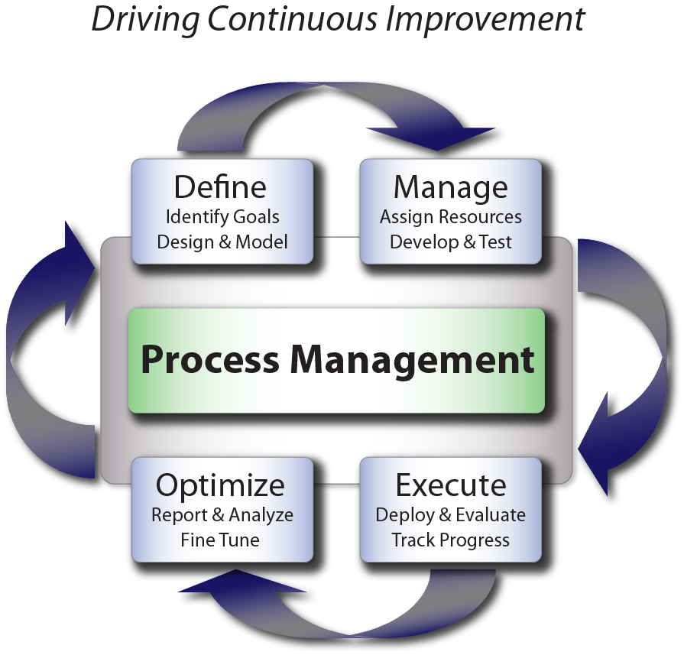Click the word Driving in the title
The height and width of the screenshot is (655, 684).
[145, 20]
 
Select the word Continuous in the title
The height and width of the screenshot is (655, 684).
[292, 19]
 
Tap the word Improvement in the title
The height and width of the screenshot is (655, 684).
[485, 20]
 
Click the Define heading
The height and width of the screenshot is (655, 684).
[220, 186]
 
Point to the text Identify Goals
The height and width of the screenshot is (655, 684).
[222, 217]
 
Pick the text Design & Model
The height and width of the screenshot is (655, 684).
[222, 242]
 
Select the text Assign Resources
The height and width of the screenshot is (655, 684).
[451, 217]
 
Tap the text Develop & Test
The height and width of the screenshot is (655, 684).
[451, 242]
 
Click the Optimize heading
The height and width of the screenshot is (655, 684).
[220, 486]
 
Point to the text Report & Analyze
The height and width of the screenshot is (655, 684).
[222, 515]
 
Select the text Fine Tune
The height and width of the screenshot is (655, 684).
[220, 540]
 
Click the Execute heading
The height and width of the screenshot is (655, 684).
[451, 485]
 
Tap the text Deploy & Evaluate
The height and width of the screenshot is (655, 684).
[451, 515]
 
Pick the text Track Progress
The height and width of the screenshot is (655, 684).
[451, 540]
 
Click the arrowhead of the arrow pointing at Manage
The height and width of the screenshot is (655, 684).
[432, 138]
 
